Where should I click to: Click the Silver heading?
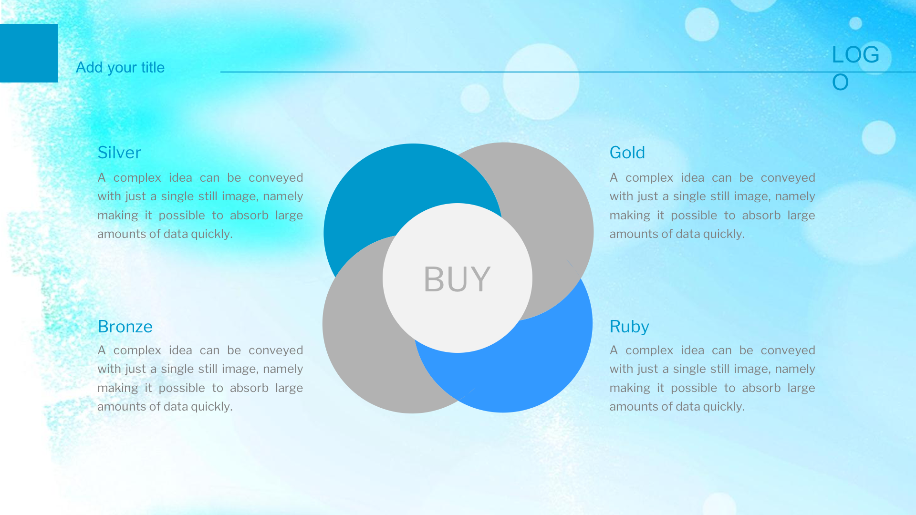point(119,153)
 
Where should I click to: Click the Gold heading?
point(627,153)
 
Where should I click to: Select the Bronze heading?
point(125,327)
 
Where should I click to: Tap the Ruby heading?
point(629,327)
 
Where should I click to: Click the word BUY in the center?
point(457,279)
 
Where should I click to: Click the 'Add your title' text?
point(120,68)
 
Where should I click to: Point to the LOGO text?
point(855,68)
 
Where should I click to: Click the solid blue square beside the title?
point(29,53)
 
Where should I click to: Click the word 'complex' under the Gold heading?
point(649,178)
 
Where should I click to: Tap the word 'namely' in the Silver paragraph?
point(283,196)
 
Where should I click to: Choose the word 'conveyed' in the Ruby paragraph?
point(788,350)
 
